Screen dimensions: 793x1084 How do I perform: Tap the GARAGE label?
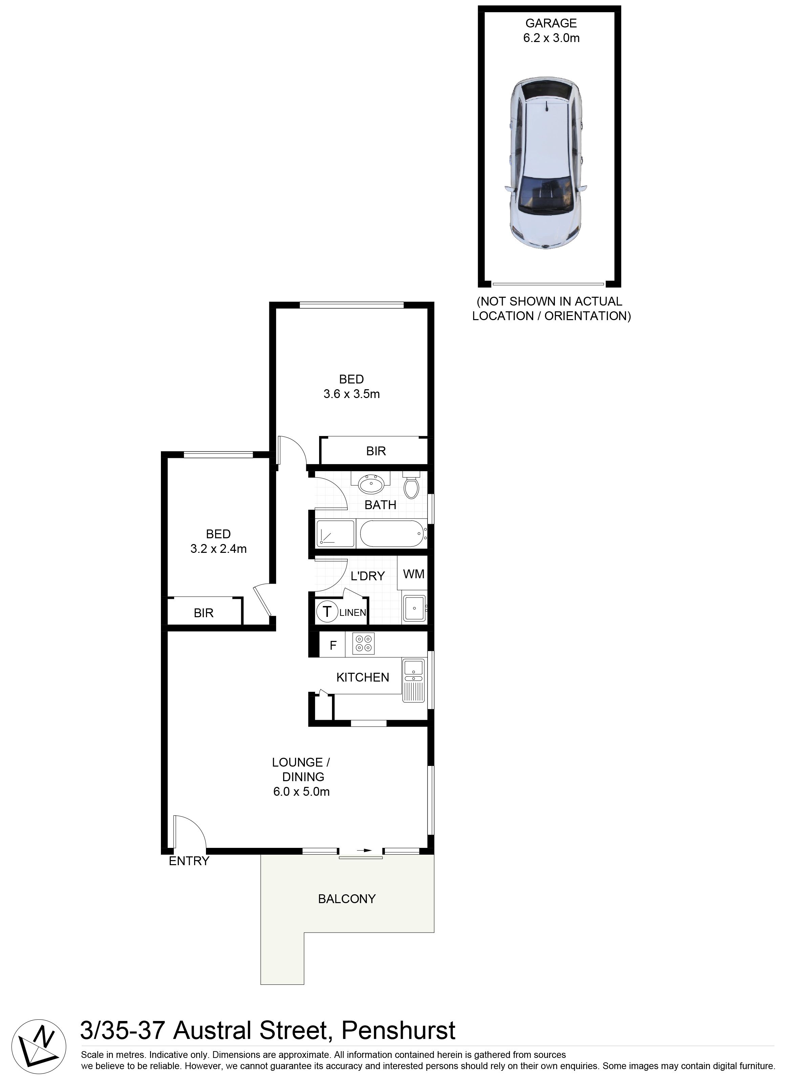551,23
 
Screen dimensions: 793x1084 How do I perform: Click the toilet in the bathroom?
411,485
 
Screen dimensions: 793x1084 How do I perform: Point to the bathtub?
393,533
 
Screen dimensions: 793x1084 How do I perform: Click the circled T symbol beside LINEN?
327,611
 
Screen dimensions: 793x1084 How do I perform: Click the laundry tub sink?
414,609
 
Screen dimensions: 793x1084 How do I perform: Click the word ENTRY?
189,861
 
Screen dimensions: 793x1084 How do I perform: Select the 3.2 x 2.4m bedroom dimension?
218,549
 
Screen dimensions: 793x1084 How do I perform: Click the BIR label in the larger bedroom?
376,451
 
